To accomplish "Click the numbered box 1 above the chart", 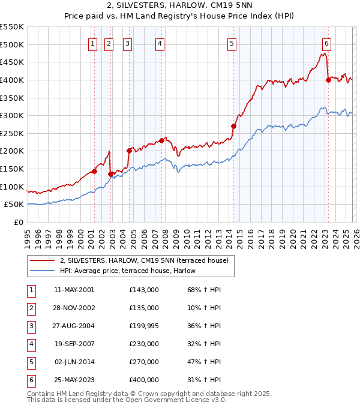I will [94, 43].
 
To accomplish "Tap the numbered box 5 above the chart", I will [232, 43].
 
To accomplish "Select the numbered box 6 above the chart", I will [326, 43].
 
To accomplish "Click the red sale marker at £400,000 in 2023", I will [328, 80].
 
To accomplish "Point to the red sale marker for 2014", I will [233, 126].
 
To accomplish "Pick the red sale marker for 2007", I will [162, 140].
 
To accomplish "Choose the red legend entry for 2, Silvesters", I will [144, 260].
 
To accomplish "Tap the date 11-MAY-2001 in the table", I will [74, 290].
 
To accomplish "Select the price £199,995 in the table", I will [144, 326].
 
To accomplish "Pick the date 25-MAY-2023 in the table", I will [74, 380].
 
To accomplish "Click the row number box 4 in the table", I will [31, 344].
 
